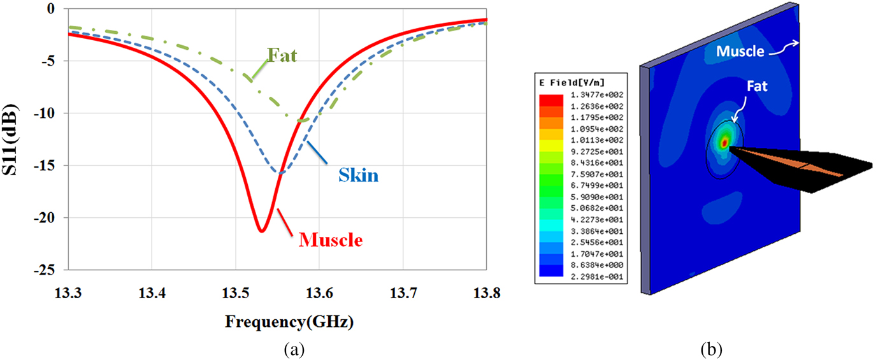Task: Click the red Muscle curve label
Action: click(x=331, y=240)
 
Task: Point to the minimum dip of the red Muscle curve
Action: click(x=262, y=231)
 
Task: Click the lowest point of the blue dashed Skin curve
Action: click(x=280, y=173)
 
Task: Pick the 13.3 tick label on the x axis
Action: click(x=68, y=292)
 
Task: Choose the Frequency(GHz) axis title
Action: click(x=289, y=322)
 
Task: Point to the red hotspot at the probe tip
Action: click(x=724, y=143)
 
